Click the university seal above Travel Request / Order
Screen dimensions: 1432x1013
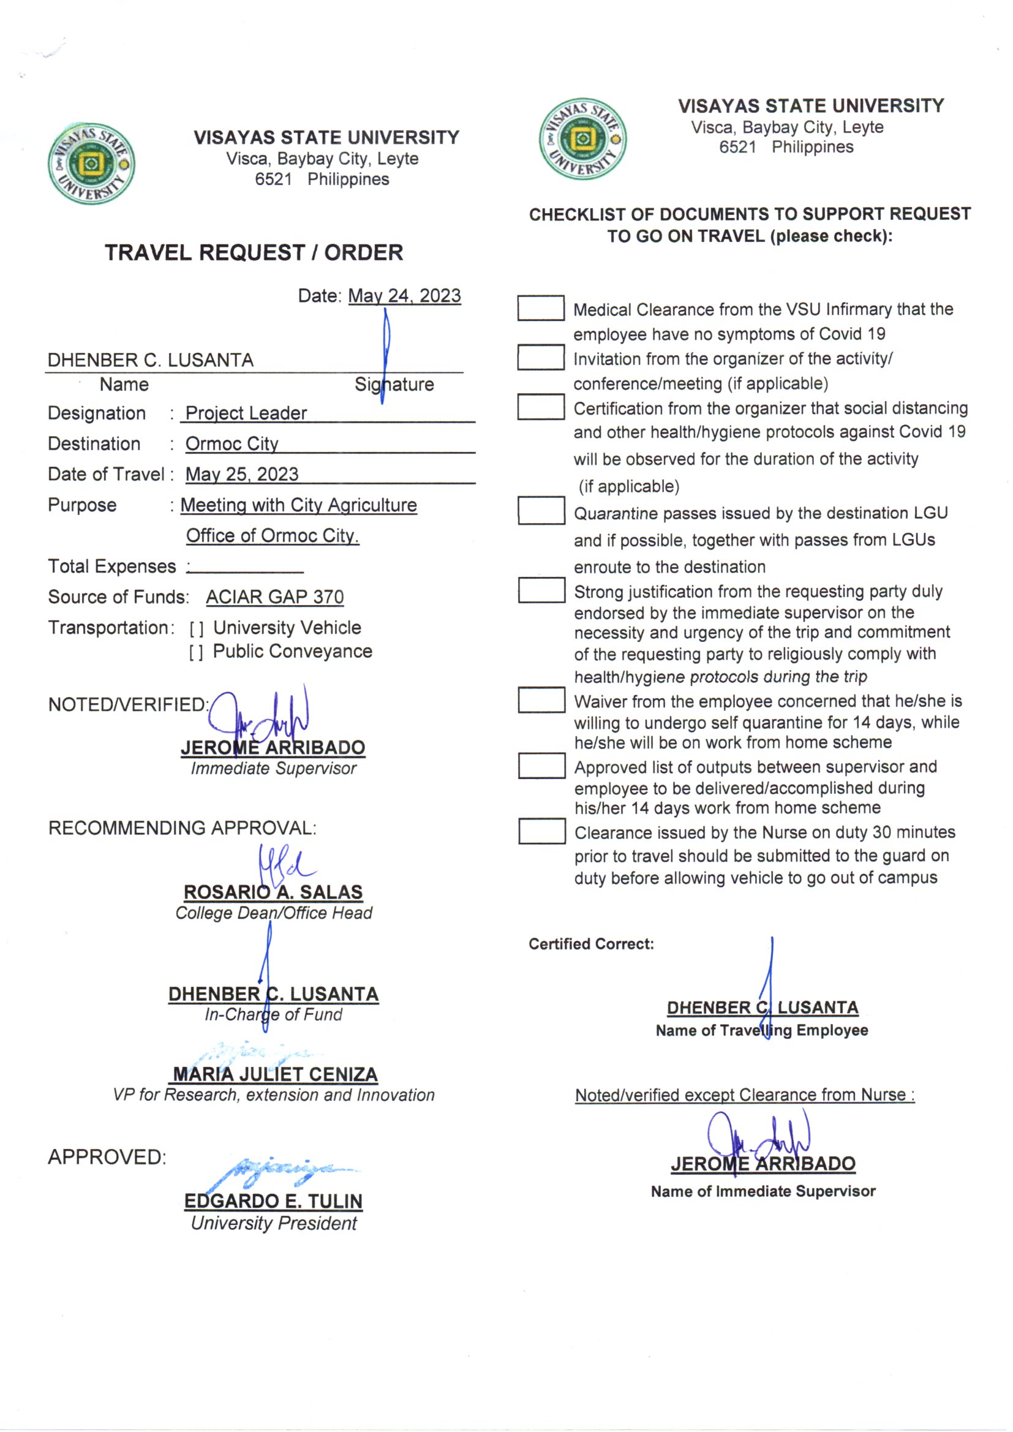91,164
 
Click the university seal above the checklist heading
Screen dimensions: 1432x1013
582,138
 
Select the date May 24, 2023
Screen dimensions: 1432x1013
404,296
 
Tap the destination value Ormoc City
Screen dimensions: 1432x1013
232,443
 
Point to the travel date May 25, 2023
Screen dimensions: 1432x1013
242,474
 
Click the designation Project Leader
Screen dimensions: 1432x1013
246,413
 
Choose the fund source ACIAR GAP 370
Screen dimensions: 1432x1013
274,597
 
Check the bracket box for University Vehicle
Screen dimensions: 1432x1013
197,628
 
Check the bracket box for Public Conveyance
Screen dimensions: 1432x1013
197,652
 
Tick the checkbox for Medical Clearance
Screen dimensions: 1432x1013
541,308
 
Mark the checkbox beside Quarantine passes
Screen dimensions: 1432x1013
541,510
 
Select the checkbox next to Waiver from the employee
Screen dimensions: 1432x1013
541,700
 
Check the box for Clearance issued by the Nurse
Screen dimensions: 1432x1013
541,831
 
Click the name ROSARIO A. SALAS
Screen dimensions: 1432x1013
273,892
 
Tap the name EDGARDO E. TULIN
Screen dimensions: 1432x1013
273,1201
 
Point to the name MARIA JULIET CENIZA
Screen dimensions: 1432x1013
275,1074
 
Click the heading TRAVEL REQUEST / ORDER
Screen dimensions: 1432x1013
254,252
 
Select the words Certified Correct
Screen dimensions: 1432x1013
592,944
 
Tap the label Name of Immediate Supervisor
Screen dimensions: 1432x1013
763,1191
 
